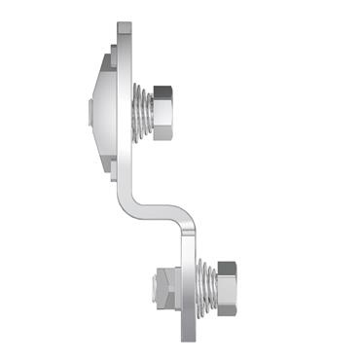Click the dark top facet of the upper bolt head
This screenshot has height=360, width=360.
162,90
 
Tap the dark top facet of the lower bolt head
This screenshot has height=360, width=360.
227,266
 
